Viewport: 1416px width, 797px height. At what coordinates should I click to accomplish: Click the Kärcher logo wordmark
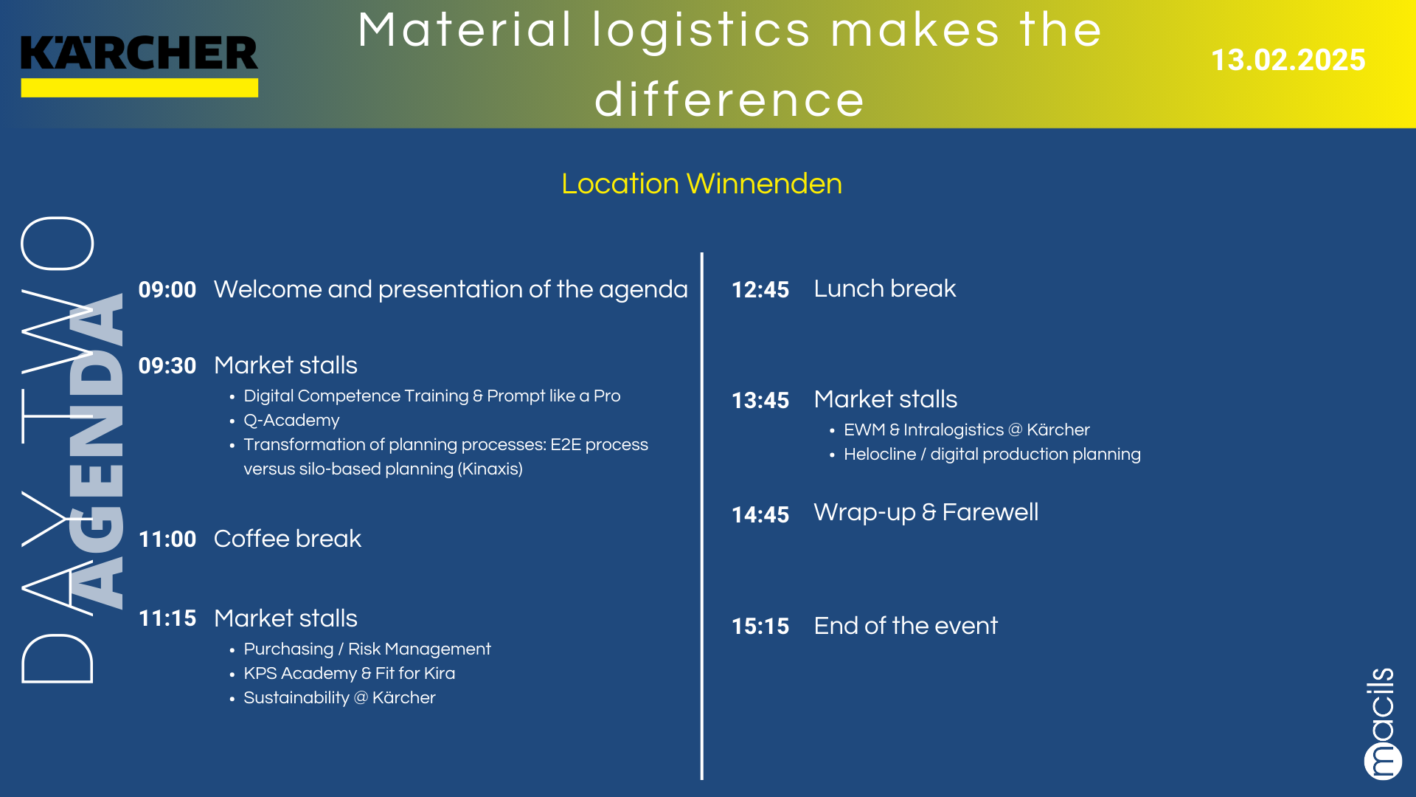pyautogui.click(x=139, y=53)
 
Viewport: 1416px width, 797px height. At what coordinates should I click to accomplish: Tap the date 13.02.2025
pyautogui.click(x=1288, y=60)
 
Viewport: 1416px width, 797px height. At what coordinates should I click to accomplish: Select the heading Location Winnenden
pyautogui.click(x=701, y=184)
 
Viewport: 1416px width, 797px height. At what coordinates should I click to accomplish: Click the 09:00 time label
pyautogui.click(x=167, y=289)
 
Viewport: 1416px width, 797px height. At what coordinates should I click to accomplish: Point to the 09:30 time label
pyautogui.click(x=167, y=365)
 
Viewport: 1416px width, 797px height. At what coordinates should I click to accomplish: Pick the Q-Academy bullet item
pyautogui.click(x=291, y=421)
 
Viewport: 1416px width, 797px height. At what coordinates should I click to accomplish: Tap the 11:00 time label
pyautogui.click(x=167, y=539)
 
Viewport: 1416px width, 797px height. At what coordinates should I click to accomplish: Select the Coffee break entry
pyautogui.click(x=288, y=539)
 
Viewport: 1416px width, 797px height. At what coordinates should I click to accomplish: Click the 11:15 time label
pyautogui.click(x=167, y=618)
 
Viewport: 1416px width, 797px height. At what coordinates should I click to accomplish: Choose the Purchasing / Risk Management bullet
pyautogui.click(x=367, y=649)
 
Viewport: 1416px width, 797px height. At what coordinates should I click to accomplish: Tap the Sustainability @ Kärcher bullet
pyautogui.click(x=339, y=698)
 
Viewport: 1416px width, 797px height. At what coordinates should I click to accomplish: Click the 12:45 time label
pyautogui.click(x=760, y=289)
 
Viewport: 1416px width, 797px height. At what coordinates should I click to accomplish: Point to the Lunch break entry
pyautogui.click(x=885, y=289)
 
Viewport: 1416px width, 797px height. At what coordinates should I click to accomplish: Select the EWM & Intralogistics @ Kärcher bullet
pyautogui.click(x=967, y=430)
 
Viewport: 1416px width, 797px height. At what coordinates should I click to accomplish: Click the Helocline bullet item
pyautogui.click(x=992, y=455)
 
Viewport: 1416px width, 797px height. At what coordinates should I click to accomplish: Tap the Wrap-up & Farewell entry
pyautogui.click(x=926, y=512)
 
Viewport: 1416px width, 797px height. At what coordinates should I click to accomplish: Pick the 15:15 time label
pyautogui.click(x=760, y=627)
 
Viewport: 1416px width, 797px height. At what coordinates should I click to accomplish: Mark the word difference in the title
pyautogui.click(x=729, y=100)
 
